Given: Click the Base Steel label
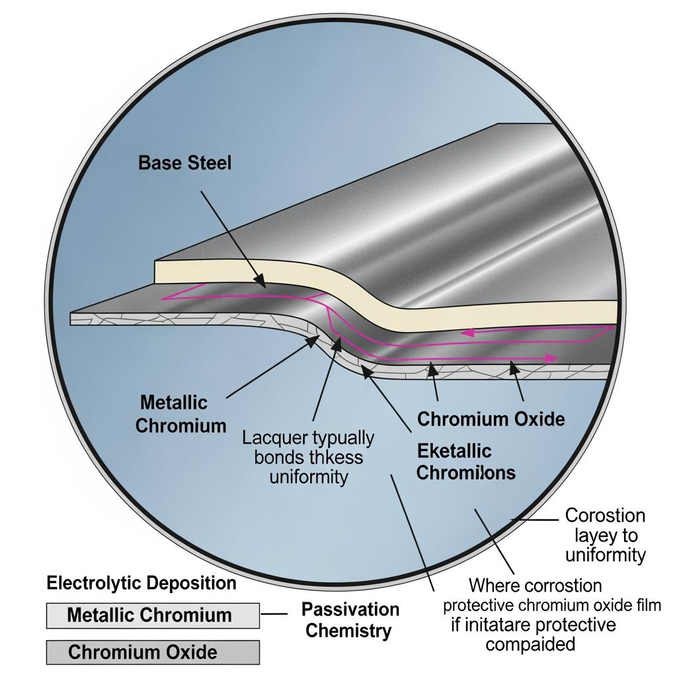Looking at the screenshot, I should click(x=185, y=163).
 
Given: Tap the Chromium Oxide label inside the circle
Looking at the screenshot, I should click(x=491, y=418).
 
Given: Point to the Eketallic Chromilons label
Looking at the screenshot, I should click(x=466, y=461).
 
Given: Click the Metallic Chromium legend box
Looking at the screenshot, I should click(x=153, y=615).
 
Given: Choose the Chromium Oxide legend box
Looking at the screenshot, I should click(x=153, y=653).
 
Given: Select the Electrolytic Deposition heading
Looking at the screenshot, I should click(x=141, y=582).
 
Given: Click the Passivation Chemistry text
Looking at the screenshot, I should click(x=350, y=619).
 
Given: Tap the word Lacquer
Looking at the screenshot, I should click(x=272, y=438).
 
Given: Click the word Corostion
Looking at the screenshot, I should click(x=605, y=515).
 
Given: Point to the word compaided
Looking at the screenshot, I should click(x=531, y=644).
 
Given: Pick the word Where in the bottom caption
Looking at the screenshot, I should click(x=494, y=585).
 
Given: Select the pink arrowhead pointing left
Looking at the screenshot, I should click(x=467, y=333).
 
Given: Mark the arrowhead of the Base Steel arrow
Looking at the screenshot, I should click(x=263, y=285).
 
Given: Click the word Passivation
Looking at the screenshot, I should click(x=350, y=609).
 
